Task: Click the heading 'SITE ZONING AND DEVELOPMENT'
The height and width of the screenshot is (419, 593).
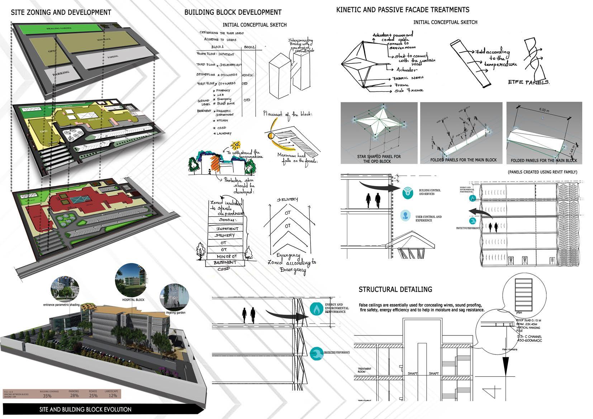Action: pos(61,13)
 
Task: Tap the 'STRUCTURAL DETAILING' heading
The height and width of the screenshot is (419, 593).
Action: pos(395,289)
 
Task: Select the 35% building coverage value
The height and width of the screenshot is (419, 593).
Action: pos(47,396)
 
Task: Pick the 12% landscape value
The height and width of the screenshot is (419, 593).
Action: pos(113,396)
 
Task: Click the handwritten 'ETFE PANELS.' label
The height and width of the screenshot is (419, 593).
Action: pos(529,82)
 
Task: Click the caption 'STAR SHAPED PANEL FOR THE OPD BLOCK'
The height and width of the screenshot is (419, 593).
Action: pos(379,159)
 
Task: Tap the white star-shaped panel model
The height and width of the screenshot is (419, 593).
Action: pos(379,124)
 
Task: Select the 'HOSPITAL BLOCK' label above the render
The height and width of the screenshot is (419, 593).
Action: pos(133,300)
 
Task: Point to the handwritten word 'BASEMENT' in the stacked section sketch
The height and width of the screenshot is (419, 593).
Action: pos(225,263)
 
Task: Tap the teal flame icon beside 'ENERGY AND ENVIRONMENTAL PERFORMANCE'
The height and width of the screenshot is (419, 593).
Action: pos(317,309)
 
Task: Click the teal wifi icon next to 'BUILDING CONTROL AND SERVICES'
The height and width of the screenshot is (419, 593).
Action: pos(407,192)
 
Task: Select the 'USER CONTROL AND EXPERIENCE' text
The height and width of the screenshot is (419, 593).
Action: pos(428,219)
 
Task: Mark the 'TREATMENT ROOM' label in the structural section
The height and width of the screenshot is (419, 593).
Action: pos(365,370)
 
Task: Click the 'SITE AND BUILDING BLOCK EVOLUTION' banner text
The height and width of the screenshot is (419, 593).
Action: pos(85,409)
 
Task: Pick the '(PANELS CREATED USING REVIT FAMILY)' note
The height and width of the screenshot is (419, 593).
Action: pos(542,172)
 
